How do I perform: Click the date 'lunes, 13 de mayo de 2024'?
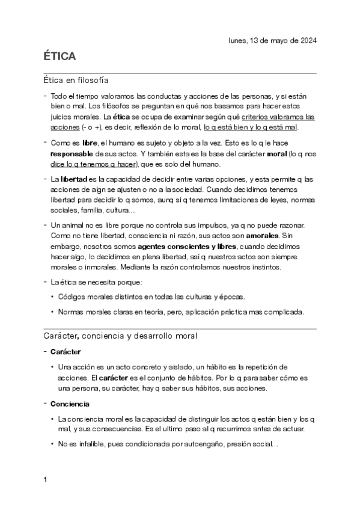[x=273, y=40]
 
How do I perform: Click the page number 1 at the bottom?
[x=46, y=480]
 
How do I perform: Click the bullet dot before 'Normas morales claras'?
[x=53, y=312]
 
